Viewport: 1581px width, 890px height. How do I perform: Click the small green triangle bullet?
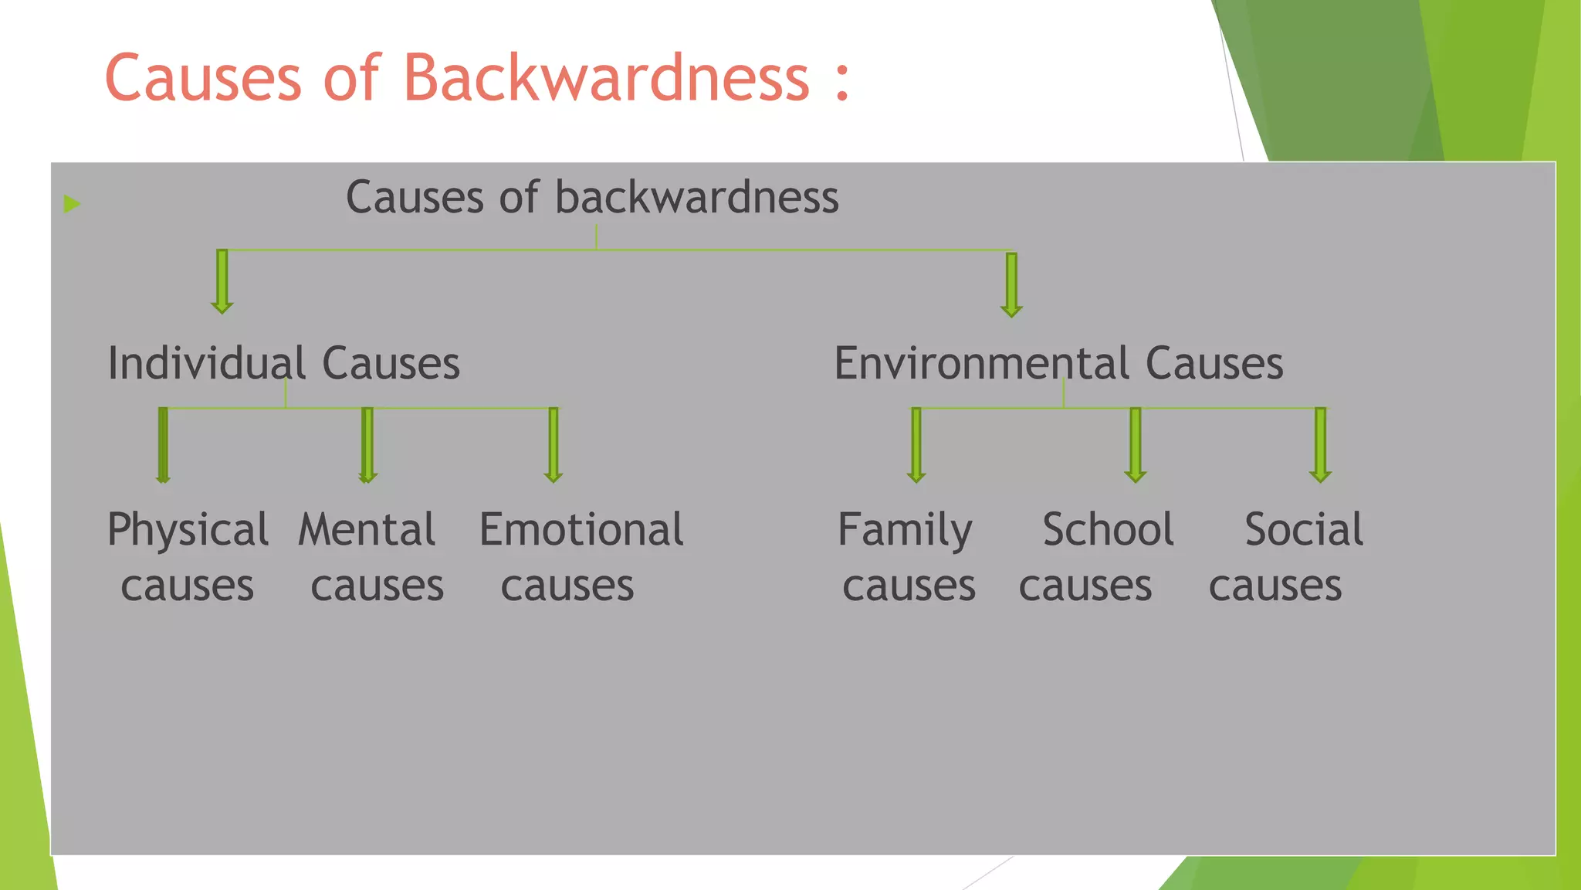(72, 204)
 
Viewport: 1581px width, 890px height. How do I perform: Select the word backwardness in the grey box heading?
(696, 198)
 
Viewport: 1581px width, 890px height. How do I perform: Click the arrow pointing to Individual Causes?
(222, 281)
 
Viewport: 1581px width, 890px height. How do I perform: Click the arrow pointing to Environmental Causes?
(1011, 284)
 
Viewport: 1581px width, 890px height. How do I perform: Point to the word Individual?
(207, 363)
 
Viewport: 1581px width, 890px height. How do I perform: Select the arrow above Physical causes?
(163, 445)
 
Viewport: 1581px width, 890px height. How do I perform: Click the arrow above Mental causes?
(367, 445)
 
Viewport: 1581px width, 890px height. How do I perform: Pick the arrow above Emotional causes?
(553, 445)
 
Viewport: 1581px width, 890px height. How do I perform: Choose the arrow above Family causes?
(916, 445)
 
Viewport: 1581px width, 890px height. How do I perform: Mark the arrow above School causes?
(1135, 445)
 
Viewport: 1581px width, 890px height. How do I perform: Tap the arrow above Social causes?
(1320, 445)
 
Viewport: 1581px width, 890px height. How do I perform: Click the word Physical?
(188, 532)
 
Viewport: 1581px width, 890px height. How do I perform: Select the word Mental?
(367, 530)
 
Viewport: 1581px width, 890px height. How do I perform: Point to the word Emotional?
(581, 530)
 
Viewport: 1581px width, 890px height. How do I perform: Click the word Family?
(905, 532)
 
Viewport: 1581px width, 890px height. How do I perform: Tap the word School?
(1108, 530)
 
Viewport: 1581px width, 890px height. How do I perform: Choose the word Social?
(1304, 530)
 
